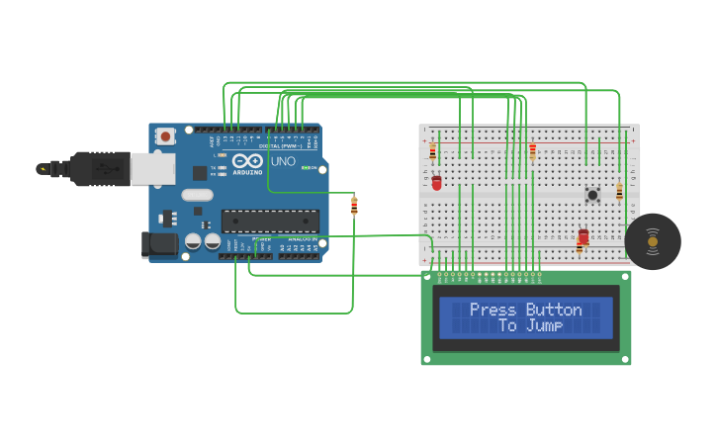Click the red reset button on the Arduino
[165, 135]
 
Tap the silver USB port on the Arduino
[152, 169]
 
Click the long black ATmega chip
[269, 221]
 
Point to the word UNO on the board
[283, 161]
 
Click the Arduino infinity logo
[248, 160]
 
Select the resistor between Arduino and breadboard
[354, 206]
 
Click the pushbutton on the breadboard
[592, 195]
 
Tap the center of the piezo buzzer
[653, 241]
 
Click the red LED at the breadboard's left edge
[436, 183]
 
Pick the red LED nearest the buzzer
[583, 237]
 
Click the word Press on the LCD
[493, 310]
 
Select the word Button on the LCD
[554, 310]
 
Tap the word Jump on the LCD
[545, 325]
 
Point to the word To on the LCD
[507, 325]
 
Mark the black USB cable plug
[99, 169]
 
